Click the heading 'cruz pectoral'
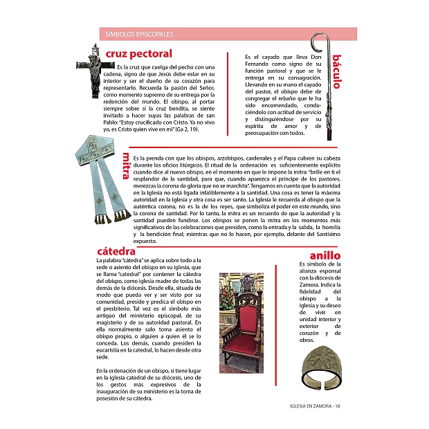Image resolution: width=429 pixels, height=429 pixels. (138, 53)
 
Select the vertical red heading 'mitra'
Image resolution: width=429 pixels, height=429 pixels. (125, 165)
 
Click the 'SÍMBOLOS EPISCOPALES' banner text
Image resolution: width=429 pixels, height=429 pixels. (139, 33)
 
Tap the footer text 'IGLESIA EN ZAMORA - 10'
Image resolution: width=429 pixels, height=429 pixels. (312, 406)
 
